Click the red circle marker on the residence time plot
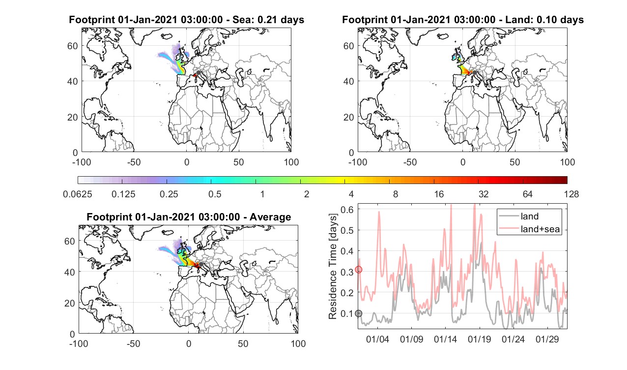pos(359,270)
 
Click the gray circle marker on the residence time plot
pos(359,313)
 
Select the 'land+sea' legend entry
pos(540,229)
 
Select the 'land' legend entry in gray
pos(530,216)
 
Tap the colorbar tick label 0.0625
pos(77,194)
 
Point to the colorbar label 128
pos(571,194)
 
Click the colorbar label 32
pos(484,194)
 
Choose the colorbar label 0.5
pos(215,194)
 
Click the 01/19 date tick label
pos(479,339)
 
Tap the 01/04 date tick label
pos(377,339)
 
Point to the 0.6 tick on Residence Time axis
pos(347,210)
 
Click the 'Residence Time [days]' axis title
pos(333,266)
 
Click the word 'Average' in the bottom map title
pos(270,217)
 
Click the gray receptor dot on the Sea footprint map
pos(199,73)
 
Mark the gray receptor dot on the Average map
pos(201,264)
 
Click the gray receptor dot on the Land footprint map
pos(475,73)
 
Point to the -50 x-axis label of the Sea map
pos(134,162)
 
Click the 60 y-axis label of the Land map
pos(348,46)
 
